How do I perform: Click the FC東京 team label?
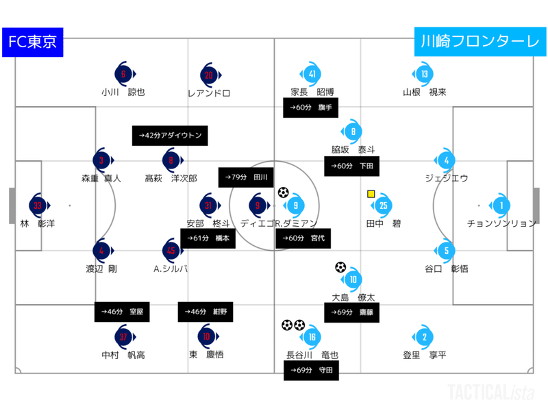click(32, 42)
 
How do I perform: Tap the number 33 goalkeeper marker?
click(37, 205)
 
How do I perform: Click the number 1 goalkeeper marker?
click(500, 205)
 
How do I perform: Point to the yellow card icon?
click(371, 194)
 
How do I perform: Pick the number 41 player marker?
click(312, 75)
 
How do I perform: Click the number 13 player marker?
click(425, 75)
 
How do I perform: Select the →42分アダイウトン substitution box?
click(169, 136)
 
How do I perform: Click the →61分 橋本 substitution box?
click(208, 238)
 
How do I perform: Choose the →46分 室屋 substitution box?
click(122, 312)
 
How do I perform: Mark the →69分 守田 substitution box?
click(311, 371)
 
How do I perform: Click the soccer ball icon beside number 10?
click(340, 267)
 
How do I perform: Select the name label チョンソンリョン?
click(501, 223)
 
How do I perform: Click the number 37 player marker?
click(123, 336)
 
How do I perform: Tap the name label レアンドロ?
click(208, 92)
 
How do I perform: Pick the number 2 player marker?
click(425, 336)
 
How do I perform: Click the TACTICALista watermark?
click(487, 392)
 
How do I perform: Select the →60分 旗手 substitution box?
click(311, 108)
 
